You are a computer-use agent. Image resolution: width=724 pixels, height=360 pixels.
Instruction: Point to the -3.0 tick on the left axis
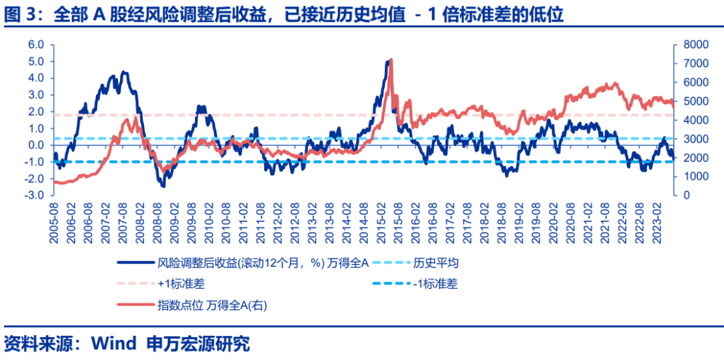(x=34, y=196)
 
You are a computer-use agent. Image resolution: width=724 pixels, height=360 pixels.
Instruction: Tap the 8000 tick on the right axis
(x=690, y=45)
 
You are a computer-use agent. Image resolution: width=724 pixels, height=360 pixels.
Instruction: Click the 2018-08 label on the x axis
(x=502, y=219)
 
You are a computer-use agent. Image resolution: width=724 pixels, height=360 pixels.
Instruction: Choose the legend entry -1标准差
(x=435, y=284)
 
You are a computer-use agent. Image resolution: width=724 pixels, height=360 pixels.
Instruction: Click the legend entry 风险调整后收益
(x=261, y=263)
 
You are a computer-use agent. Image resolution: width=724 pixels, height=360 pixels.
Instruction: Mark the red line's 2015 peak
(x=391, y=60)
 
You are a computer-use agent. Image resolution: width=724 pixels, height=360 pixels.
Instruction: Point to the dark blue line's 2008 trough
(x=163, y=186)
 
